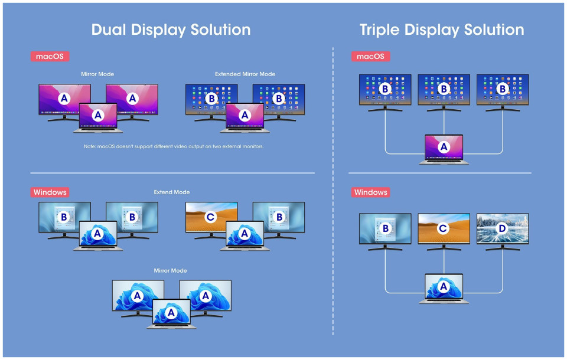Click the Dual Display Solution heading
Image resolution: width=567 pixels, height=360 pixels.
(x=171, y=30)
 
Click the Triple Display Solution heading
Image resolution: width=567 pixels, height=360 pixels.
(x=442, y=30)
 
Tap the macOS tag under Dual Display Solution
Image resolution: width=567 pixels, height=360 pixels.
(x=50, y=57)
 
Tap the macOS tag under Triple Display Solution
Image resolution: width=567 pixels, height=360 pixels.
(x=370, y=57)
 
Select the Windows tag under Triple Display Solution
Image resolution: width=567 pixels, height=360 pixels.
(x=370, y=192)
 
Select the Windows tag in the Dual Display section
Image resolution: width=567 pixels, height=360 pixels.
(x=50, y=192)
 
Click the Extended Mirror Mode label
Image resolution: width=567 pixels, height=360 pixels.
(x=245, y=74)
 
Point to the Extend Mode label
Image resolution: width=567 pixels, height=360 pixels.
(x=172, y=192)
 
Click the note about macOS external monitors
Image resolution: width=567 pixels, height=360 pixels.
(x=174, y=146)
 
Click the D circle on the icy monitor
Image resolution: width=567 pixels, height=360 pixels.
(x=502, y=228)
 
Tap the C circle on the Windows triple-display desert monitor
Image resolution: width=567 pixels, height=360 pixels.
(x=443, y=228)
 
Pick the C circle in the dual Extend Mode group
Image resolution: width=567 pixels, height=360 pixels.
(x=210, y=217)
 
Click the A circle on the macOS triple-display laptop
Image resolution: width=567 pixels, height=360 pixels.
(x=444, y=147)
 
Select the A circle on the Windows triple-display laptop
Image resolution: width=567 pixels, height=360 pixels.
(x=444, y=287)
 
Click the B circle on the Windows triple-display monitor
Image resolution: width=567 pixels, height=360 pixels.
(x=386, y=228)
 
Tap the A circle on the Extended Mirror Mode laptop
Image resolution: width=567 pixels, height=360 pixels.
(x=245, y=115)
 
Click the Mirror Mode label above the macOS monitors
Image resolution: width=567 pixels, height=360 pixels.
(x=97, y=74)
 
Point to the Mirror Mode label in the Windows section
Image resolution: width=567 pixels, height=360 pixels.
(x=170, y=270)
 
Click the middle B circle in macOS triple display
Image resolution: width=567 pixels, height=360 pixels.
(x=444, y=89)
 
